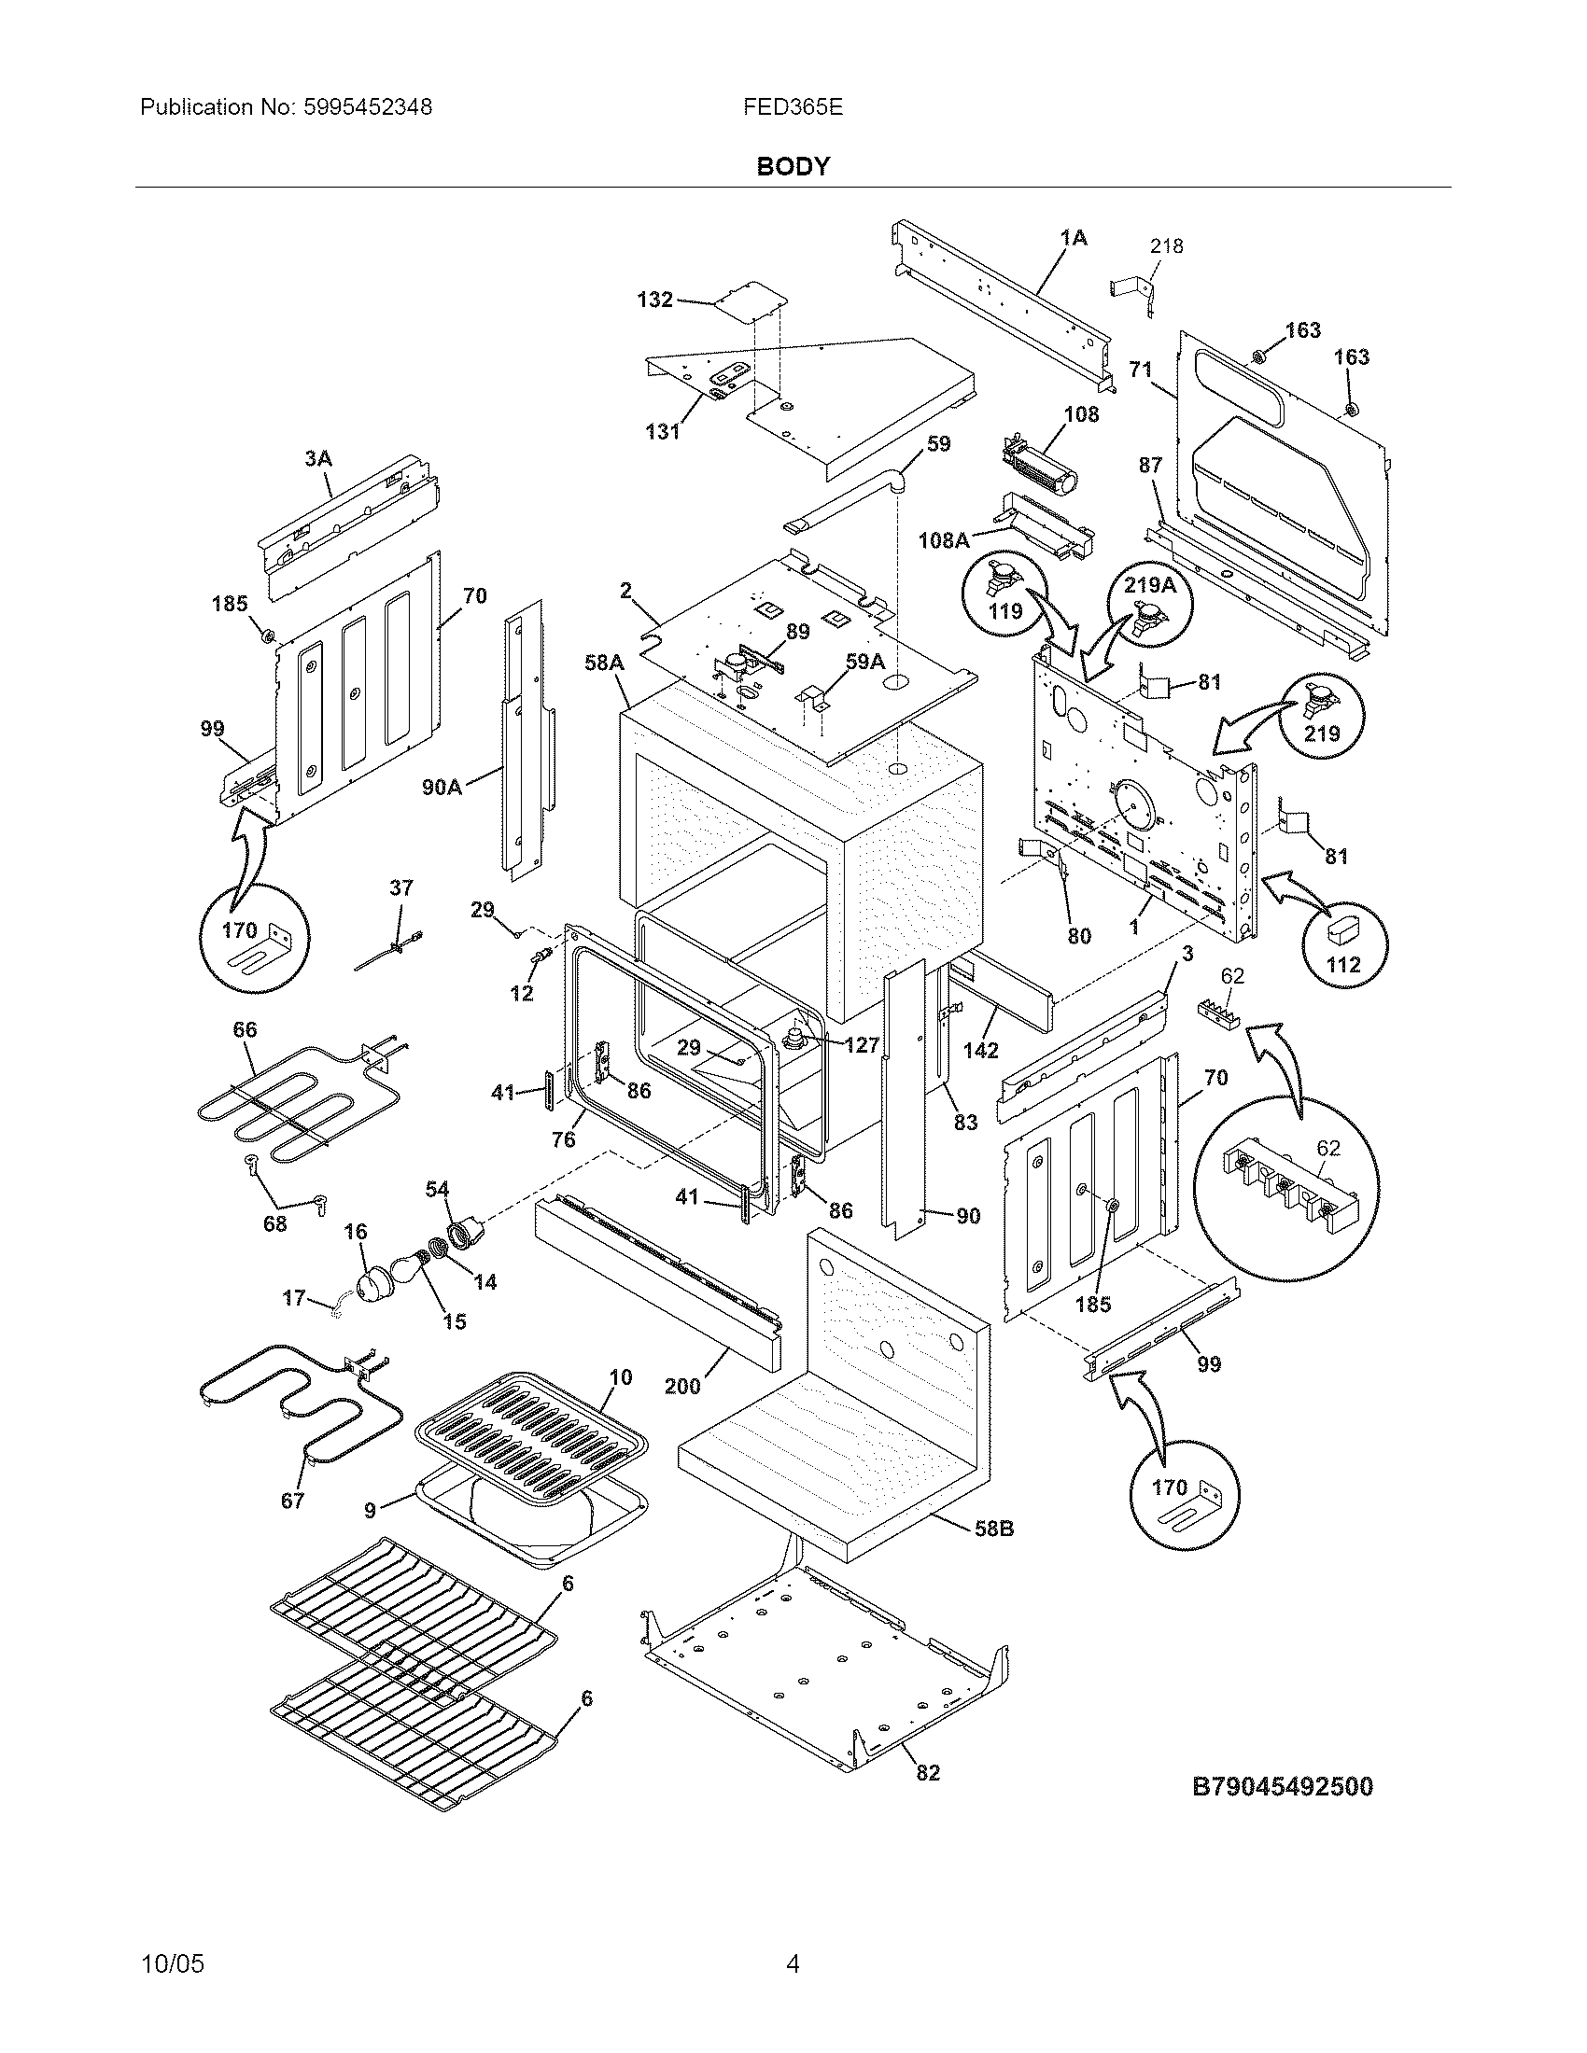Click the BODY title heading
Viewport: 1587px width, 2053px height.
(x=793, y=167)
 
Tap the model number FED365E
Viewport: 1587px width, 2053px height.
(x=793, y=107)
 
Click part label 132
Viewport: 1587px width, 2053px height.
(x=654, y=300)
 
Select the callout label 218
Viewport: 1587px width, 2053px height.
(x=1166, y=246)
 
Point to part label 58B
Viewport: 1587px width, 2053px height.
(x=993, y=1529)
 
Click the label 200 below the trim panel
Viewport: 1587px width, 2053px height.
(x=682, y=1386)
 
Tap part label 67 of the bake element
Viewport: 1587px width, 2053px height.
(x=292, y=1501)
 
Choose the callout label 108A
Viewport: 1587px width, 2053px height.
(x=944, y=540)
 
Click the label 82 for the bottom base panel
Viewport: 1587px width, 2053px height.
(x=928, y=1773)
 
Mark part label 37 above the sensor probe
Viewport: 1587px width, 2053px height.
(x=401, y=887)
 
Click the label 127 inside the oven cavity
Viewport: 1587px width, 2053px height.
(x=861, y=1044)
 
